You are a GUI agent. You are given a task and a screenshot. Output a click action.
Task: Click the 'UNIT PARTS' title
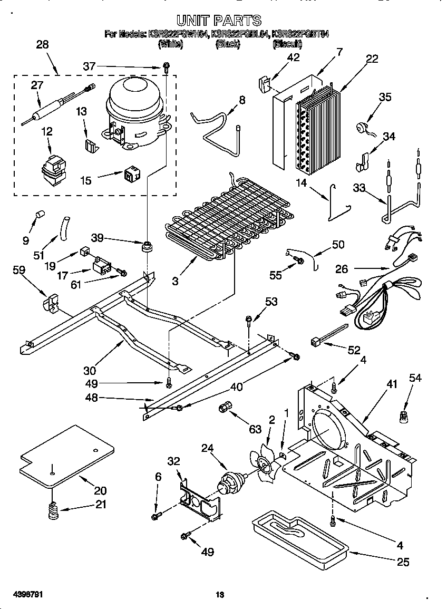[x=218, y=21]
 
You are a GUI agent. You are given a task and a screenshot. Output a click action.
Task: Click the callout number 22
[x=372, y=59]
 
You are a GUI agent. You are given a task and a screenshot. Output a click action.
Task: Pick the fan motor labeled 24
[x=231, y=480]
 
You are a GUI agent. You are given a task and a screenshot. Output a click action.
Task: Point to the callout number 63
[x=256, y=429]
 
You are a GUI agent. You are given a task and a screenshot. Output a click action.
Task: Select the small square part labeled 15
[x=131, y=175]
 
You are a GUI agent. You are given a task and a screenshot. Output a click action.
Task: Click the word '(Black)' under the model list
[x=228, y=45]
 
